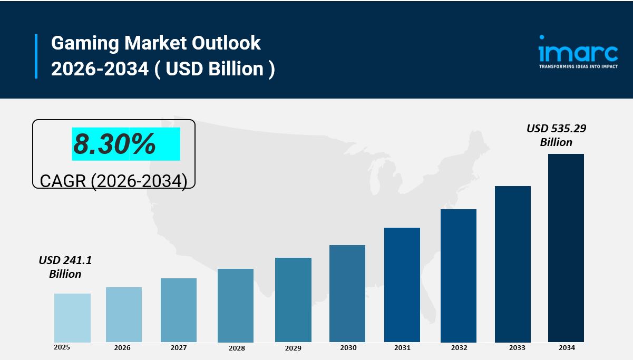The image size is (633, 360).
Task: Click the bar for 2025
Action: (x=72, y=318)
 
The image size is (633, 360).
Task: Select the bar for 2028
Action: (x=236, y=305)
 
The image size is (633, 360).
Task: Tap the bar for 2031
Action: (x=402, y=285)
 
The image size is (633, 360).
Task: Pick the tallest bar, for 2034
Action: (x=566, y=248)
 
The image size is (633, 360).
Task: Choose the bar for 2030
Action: (x=347, y=294)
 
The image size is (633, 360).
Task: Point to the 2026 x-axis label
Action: (x=122, y=348)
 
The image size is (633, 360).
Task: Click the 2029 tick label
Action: (x=293, y=348)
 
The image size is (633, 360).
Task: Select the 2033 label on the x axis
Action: (x=517, y=348)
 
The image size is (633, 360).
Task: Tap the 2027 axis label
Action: (x=179, y=348)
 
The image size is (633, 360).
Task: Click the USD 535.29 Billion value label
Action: (x=556, y=135)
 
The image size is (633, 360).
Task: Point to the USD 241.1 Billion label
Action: (x=65, y=267)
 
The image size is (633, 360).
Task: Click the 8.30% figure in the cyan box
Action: (x=114, y=143)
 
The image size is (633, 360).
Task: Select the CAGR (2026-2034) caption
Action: (x=113, y=181)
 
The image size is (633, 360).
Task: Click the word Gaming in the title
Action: (x=85, y=43)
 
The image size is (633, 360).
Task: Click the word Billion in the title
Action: (x=236, y=69)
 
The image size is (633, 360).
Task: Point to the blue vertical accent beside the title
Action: (x=36, y=56)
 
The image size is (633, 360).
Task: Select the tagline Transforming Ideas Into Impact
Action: (x=578, y=67)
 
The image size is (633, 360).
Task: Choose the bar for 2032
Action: (x=459, y=276)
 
